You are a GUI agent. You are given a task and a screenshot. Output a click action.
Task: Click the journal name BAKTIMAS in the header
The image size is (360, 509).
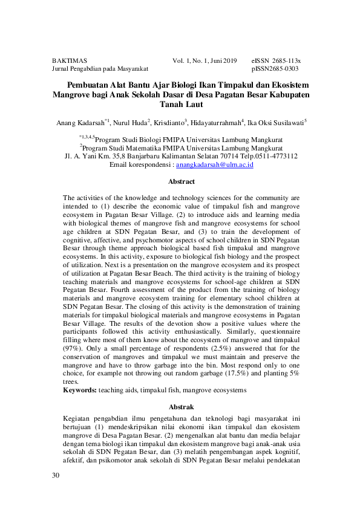pyautogui.click(x=70, y=61)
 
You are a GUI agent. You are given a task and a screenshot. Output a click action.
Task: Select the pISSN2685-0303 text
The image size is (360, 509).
pyautogui.click(x=275, y=69)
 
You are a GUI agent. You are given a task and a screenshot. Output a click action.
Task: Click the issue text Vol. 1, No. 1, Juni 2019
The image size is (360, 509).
pyautogui.click(x=205, y=61)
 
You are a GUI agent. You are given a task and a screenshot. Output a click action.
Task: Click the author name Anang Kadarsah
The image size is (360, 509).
pyautogui.click(x=79, y=123)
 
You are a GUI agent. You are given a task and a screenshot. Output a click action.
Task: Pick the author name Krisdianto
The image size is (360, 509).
pyautogui.click(x=169, y=123)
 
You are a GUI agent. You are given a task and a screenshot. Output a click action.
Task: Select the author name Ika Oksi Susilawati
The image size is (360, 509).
pyautogui.click(x=275, y=123)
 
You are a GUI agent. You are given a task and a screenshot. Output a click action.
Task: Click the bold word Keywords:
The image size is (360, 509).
pyautogui.click(x=80, y=391)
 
